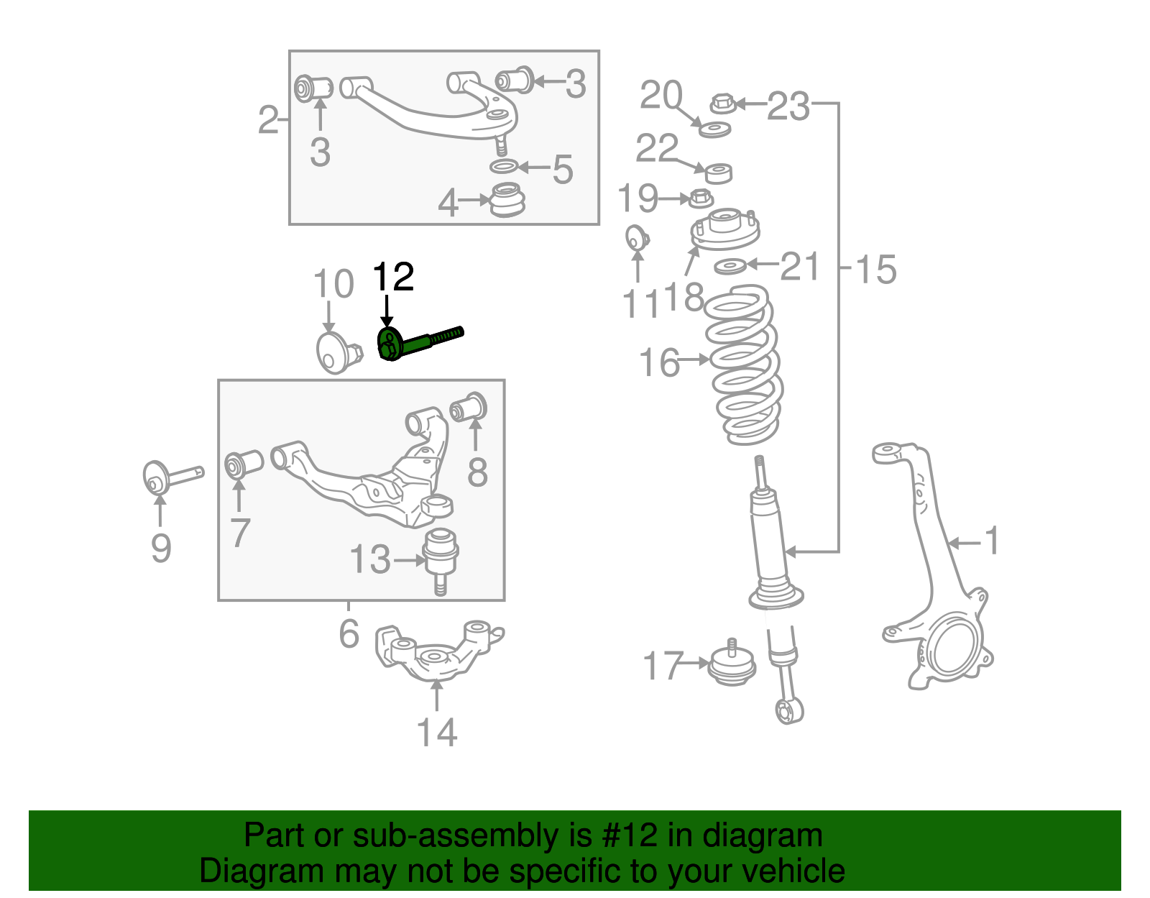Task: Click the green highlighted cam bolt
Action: [x=417, y=343]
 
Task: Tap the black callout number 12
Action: [x=393, y=277]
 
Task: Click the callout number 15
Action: [x=875, y=270]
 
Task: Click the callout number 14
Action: [x=437, y=732]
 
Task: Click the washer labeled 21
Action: [x=730, y=267]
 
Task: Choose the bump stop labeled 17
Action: [x=732, y=665]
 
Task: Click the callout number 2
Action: [x=268, y=119]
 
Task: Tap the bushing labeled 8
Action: [x=469, y=408]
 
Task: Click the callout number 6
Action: [x=349, y=633]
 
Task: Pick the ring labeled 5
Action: [x=504, y=167]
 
